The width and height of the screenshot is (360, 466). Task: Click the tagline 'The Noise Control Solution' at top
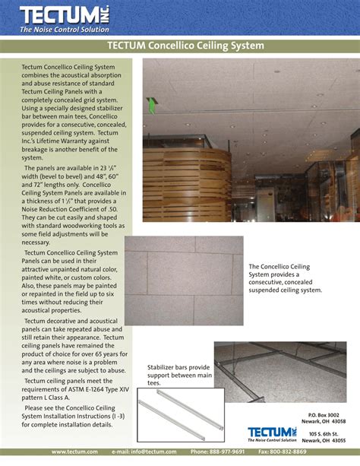(x=65, y=30)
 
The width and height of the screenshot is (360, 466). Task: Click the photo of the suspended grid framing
(x=280, y=372)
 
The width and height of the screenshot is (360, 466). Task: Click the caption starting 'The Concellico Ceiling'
(x=285, y=277)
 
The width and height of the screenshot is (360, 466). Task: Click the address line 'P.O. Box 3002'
(x=327, y=414)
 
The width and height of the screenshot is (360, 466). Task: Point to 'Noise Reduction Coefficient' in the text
(x=68, y=208)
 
